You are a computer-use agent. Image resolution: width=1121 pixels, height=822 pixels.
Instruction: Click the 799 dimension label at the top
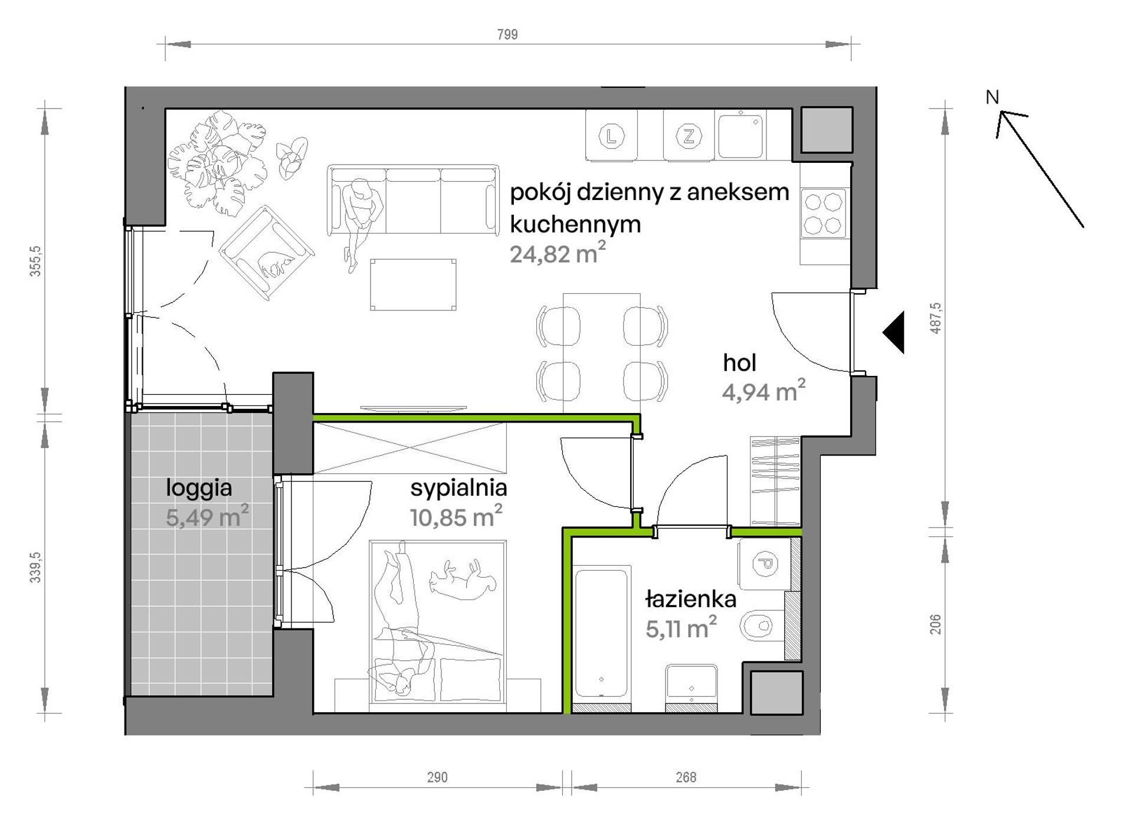pos(507,35)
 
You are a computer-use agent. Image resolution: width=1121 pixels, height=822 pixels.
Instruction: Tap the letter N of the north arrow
pos(992,97)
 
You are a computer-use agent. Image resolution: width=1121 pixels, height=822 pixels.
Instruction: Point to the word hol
pos(739,363)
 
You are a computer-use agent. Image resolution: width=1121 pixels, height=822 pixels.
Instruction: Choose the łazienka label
pos(690,599)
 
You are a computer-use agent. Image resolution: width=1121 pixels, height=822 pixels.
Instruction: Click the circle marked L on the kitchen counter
pos(611,137)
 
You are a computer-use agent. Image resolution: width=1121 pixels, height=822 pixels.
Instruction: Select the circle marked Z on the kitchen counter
pos(689,137)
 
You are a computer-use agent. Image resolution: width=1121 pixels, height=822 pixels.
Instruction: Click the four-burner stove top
pos(824,214)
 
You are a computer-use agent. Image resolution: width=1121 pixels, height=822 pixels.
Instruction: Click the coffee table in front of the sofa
pos(413,284)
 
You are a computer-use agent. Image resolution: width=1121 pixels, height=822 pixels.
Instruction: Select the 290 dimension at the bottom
pos(437,777)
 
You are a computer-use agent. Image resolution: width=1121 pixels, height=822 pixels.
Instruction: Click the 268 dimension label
pos(686,777)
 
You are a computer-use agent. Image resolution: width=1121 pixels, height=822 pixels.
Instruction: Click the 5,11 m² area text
pos(681,628)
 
